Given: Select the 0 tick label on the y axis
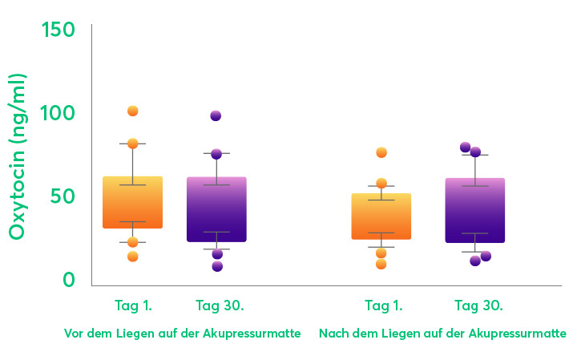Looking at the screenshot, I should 69,280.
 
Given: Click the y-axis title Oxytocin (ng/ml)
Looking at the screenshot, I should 18,156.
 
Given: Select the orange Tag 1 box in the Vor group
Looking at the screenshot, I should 133,202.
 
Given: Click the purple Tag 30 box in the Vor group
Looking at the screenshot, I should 216,209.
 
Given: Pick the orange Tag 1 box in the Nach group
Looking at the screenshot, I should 381,216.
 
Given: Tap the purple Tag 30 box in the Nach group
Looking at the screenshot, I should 475,210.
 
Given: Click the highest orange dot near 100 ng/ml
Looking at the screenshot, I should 133,111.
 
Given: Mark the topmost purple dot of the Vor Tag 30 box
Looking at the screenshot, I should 216,115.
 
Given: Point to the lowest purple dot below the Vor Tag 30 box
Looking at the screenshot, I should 217,266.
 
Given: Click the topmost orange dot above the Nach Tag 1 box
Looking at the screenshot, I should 381,152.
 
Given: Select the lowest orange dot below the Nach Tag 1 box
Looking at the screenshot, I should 381,264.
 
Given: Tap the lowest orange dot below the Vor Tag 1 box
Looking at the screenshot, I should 133,257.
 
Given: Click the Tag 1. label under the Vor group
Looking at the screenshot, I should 133,305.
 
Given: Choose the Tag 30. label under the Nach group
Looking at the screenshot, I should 478,305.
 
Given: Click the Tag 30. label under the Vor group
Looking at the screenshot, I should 220,305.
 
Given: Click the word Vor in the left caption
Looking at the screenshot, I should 74,333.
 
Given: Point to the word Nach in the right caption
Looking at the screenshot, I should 333,333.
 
